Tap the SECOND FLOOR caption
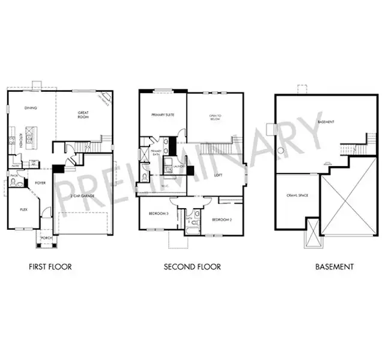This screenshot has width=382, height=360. tap(192, 266)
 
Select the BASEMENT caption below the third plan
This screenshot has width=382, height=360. tap(335, 266)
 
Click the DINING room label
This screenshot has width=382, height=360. tap(31, 108)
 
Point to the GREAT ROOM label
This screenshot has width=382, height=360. tap(83, 115)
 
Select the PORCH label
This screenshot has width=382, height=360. tap(45, 238)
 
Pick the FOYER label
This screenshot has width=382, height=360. tap(40, 182)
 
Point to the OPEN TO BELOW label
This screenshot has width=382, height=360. tap(216, 118)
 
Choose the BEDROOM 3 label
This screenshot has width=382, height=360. tap(159, 214)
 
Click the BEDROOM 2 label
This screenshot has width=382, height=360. tap(222, 220)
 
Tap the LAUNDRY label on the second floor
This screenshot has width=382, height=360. tap(178, 166)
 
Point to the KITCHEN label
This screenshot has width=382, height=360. tap(21, 140)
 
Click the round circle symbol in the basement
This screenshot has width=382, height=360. tap(280, 150)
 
